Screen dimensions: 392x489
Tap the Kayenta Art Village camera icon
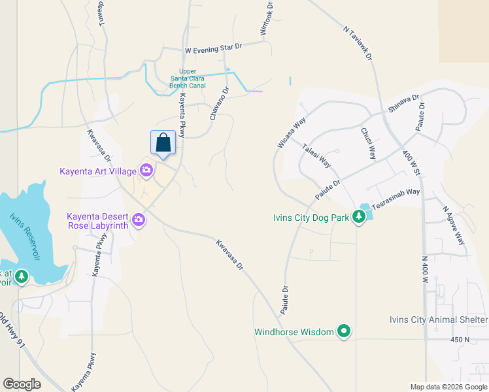tap(146, 171)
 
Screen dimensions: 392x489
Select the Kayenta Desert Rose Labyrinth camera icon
tap(138, 220)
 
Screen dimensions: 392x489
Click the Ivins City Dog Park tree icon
tap(359, 216)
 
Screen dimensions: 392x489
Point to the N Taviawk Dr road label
tap(357, 43)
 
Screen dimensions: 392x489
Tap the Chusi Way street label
tap(368, 143)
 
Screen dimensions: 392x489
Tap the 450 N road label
tap(460, 340)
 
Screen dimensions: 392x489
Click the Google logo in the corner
tap(22, 384)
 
